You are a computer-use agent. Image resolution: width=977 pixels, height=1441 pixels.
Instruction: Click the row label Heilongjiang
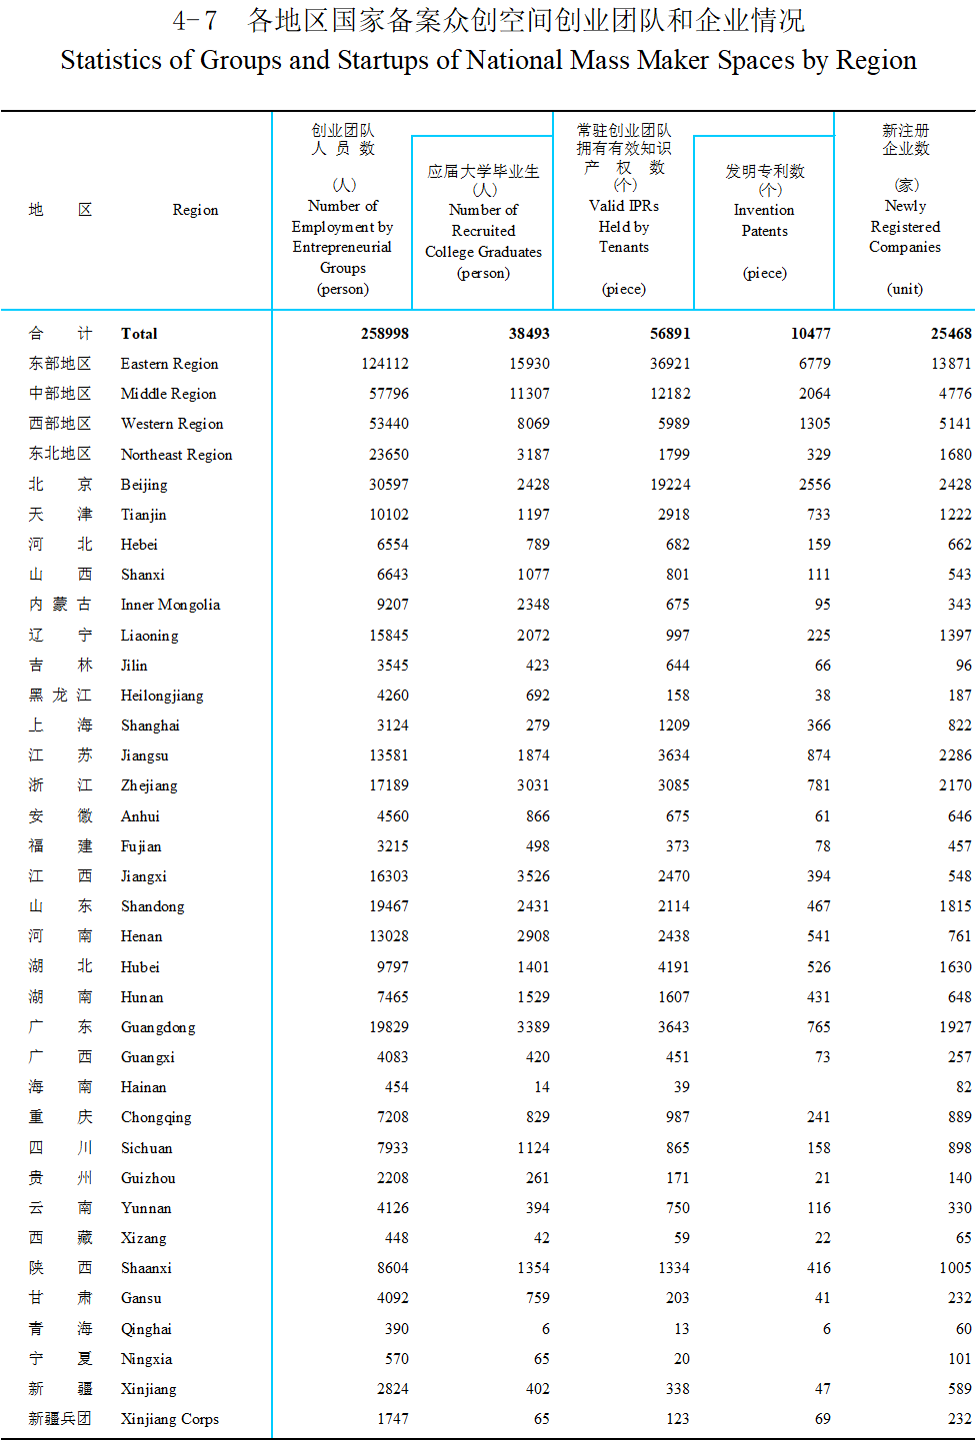pos(161,696)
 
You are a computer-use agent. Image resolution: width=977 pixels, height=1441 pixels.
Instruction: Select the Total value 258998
pos(384,334)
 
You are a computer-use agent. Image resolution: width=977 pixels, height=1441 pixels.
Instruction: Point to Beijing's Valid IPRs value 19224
pos(670,485)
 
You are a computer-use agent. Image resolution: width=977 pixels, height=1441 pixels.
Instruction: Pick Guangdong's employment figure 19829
pos(388,1027)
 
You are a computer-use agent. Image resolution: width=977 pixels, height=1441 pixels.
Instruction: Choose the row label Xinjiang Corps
pos(169,1419)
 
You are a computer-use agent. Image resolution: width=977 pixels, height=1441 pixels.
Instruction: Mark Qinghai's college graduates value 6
pos(545,1329)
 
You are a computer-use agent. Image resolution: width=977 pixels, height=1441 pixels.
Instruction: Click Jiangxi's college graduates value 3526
pos(533,876)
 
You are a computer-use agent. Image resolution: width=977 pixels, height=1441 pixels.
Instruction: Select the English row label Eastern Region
pos(169,364)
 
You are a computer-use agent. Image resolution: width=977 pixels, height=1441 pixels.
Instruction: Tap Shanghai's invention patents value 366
pos(818,725)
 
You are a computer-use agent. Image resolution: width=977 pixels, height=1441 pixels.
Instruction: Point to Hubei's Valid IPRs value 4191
pos(673,967)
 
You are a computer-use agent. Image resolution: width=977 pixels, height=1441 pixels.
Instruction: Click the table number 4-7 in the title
pos(194,21)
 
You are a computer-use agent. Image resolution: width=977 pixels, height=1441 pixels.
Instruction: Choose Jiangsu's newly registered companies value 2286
pos(954,755)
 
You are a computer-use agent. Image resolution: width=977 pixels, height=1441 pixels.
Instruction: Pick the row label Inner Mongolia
pos(170,605)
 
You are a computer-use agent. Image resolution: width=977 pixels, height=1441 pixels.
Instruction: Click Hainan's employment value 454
pos(396,1087)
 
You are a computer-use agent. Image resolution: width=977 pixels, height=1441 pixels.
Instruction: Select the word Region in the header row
pos(195,210)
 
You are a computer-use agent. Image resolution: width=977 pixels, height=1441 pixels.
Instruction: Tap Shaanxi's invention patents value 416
pos(818,1268)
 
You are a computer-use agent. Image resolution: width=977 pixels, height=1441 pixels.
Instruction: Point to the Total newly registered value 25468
pos(950,334)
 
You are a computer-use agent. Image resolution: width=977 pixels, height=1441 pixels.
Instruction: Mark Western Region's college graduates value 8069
pos(533,424)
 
